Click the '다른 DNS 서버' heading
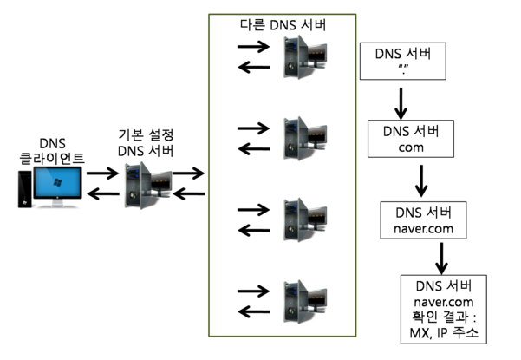click(282, 25)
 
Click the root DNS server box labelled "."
click(400, 62)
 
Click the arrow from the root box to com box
click(400, 103)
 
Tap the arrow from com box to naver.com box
click(422, 180)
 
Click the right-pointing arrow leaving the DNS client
click(102, 173)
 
